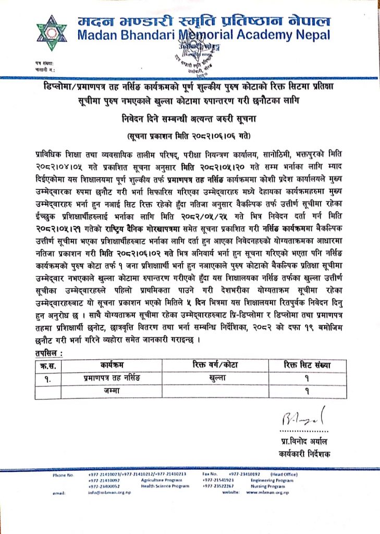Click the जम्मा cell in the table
[112, 390]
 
